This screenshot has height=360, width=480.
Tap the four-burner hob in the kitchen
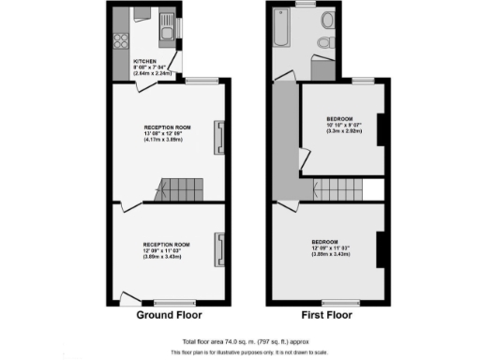pyautogui.click(x=120, y=40)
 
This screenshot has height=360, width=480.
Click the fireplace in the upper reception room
pyautogui.click(x=219, y=137)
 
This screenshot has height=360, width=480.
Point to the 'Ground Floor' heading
pyautogui.click(x=169, y=315)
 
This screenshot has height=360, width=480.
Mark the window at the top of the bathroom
pyautogui.click(x=306, y=5)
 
